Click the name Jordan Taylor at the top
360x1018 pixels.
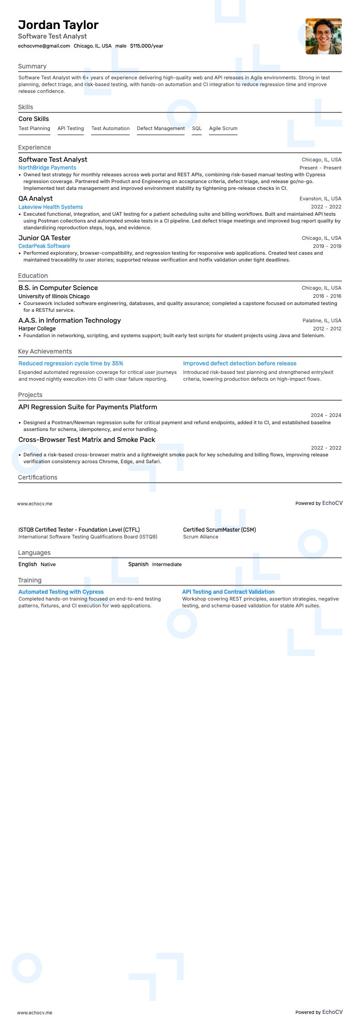coord(58,25)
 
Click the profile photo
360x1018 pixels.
coord(323,36)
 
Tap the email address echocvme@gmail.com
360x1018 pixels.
coord(44,46)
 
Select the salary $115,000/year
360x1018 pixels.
coord(146,46)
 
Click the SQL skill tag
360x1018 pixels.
coord(197,128)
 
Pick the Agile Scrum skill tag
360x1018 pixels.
coord(223,128)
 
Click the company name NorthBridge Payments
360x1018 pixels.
coord(47,168)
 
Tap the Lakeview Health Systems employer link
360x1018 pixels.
coord(50,207)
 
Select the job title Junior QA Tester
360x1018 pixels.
coord(44,238)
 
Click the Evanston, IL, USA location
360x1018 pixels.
coord(320,199)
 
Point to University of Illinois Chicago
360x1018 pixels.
coord(54,296)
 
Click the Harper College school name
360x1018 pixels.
coord(37,329)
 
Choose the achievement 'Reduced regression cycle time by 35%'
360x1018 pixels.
coord(71,364)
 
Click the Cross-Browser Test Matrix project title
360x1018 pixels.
coord(87,440)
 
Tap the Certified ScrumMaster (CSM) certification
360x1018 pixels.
coord(219,529)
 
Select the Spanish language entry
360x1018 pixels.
coord(138,564)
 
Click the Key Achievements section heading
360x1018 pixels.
coord(45,351)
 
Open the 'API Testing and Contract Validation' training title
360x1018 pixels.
coord(228,592)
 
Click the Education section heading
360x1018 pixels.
coord(33,276)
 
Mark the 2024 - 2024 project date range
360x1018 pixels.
coord(326,415)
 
